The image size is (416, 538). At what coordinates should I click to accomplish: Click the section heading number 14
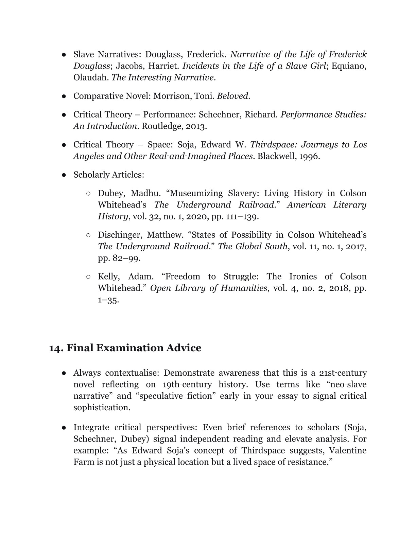[x=56, y=348]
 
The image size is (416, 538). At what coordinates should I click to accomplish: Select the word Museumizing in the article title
[x=195, y=193]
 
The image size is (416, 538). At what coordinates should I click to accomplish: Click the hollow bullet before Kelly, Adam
[x=88, y=277]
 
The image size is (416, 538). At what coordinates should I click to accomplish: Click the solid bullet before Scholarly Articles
[x=64, y=175]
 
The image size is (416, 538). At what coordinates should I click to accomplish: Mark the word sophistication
[x=101, y=408]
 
